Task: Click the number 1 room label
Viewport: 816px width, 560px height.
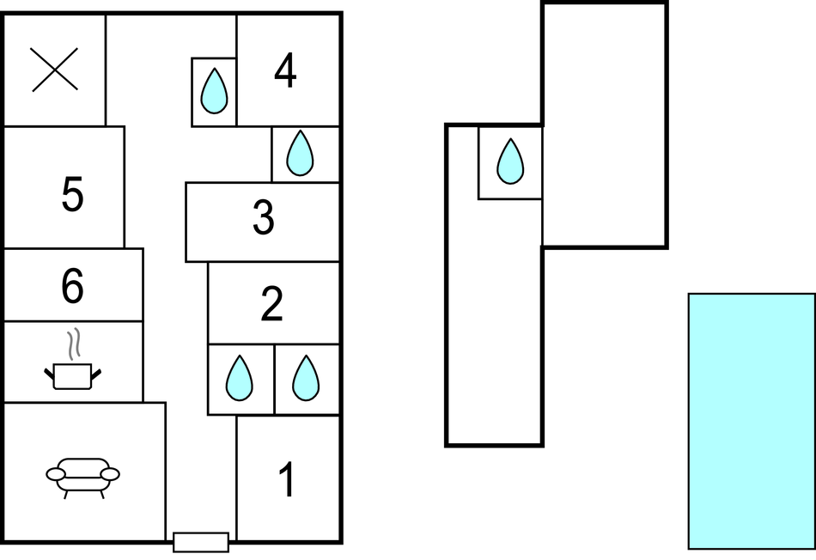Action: (x=288, y=480)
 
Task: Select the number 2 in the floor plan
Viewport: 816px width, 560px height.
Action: (x=271, y=304)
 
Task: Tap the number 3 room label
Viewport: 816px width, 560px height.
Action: (x=263, y=218)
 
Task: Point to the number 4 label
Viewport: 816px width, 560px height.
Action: (x=285, y=71)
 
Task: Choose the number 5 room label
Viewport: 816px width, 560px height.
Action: (x=72, y=194)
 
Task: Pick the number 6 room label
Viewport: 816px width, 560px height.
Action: (x=72, y=287)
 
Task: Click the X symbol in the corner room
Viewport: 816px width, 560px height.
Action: (x=55, y=70)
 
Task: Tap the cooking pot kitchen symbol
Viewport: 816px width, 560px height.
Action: (x=72, y=374)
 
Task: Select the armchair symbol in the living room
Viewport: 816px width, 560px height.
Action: (x=82, y=475)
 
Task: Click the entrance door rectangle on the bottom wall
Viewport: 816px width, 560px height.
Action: (x=201, y=542)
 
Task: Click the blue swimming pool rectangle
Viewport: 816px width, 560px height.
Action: (x=751, y=421)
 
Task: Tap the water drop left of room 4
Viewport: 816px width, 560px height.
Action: (x=214, y=91)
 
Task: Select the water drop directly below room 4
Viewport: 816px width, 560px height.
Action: (x=299, y=154)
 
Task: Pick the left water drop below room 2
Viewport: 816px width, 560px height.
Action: (x=239, y=379)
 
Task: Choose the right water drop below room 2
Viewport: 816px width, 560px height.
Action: (x=305, y=379)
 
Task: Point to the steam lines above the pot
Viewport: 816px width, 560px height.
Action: (x=76, y=343)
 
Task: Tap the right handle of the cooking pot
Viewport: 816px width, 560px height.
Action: (x=96, y=373)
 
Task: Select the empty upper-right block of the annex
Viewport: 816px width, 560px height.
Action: (x=604, y=125)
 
